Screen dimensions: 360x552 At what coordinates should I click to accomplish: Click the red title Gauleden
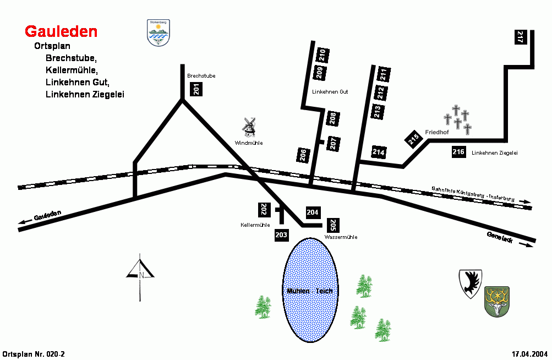(x=61, y=31)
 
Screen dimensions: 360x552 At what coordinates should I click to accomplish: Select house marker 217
(x=520, y=37)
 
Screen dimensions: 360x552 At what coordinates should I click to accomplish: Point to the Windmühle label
(x=249, y=143)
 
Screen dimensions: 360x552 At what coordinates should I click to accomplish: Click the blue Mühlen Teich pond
(x=310, y=290)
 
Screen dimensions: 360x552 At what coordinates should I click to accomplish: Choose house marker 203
(x=281, y=235)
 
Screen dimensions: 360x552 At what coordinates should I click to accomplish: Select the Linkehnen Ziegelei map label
(x=495, y=152)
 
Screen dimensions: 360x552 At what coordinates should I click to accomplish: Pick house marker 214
(x=379, y=152)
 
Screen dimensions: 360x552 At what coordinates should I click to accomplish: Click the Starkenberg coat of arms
(x=159, y=33)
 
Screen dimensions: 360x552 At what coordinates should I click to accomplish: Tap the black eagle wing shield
(x=471, y=283)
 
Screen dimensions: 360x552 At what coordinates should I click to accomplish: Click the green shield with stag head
(x=496, y=302)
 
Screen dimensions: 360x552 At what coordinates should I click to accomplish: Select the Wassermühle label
(x=341, y=237)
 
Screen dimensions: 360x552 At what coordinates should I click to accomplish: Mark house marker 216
(x=458, y=152)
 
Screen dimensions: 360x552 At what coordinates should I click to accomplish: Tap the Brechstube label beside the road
(x=201, y=75)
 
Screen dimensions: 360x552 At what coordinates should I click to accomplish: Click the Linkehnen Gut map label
(x=330, y=91)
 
